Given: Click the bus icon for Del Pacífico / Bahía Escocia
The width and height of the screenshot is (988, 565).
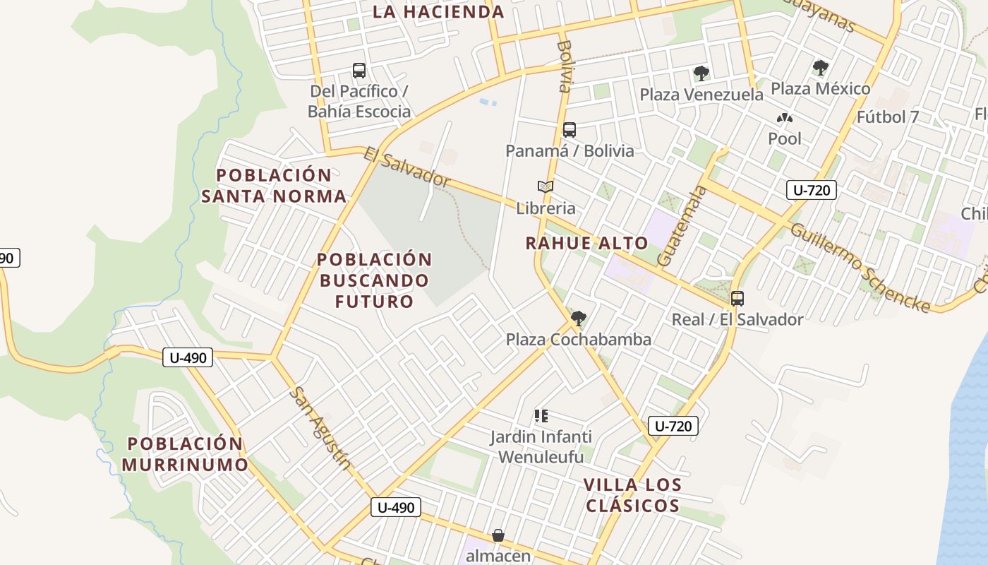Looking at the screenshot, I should [359, 71].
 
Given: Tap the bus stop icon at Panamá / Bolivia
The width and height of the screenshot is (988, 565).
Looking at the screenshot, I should [570, 130].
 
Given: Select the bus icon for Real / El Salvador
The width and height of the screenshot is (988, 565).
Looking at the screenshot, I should [737, 299].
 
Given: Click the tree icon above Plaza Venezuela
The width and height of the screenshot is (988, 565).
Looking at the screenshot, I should [701, 73].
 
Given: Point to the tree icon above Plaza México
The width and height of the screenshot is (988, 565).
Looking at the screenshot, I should [820, 68].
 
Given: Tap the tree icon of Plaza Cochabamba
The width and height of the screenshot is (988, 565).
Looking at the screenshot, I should [579, 319].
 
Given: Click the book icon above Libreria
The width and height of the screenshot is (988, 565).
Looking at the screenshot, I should [546, 187].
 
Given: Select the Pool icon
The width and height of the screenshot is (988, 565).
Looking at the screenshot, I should [785, 118].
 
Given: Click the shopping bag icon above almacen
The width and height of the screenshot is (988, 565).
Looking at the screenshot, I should [498, 535].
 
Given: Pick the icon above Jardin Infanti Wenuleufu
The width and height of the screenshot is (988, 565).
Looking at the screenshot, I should [541, 416].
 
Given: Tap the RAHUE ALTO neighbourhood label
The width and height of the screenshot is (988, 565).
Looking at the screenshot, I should [586, 244].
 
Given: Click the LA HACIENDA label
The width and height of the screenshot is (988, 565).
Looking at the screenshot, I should [438, 12].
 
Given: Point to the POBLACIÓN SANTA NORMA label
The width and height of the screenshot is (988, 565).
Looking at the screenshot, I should [274, 186].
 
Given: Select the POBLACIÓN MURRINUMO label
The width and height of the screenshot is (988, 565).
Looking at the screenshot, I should [185, 454].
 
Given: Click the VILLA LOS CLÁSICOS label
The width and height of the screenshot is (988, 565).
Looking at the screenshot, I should [633, 495].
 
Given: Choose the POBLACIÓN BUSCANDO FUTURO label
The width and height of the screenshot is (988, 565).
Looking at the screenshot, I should [374, 280].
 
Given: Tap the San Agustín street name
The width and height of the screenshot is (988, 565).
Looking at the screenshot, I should [322, 428].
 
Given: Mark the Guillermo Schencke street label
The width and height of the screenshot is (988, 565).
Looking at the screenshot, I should [860, 267].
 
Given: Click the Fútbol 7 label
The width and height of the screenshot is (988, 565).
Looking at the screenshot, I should [888, 117].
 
